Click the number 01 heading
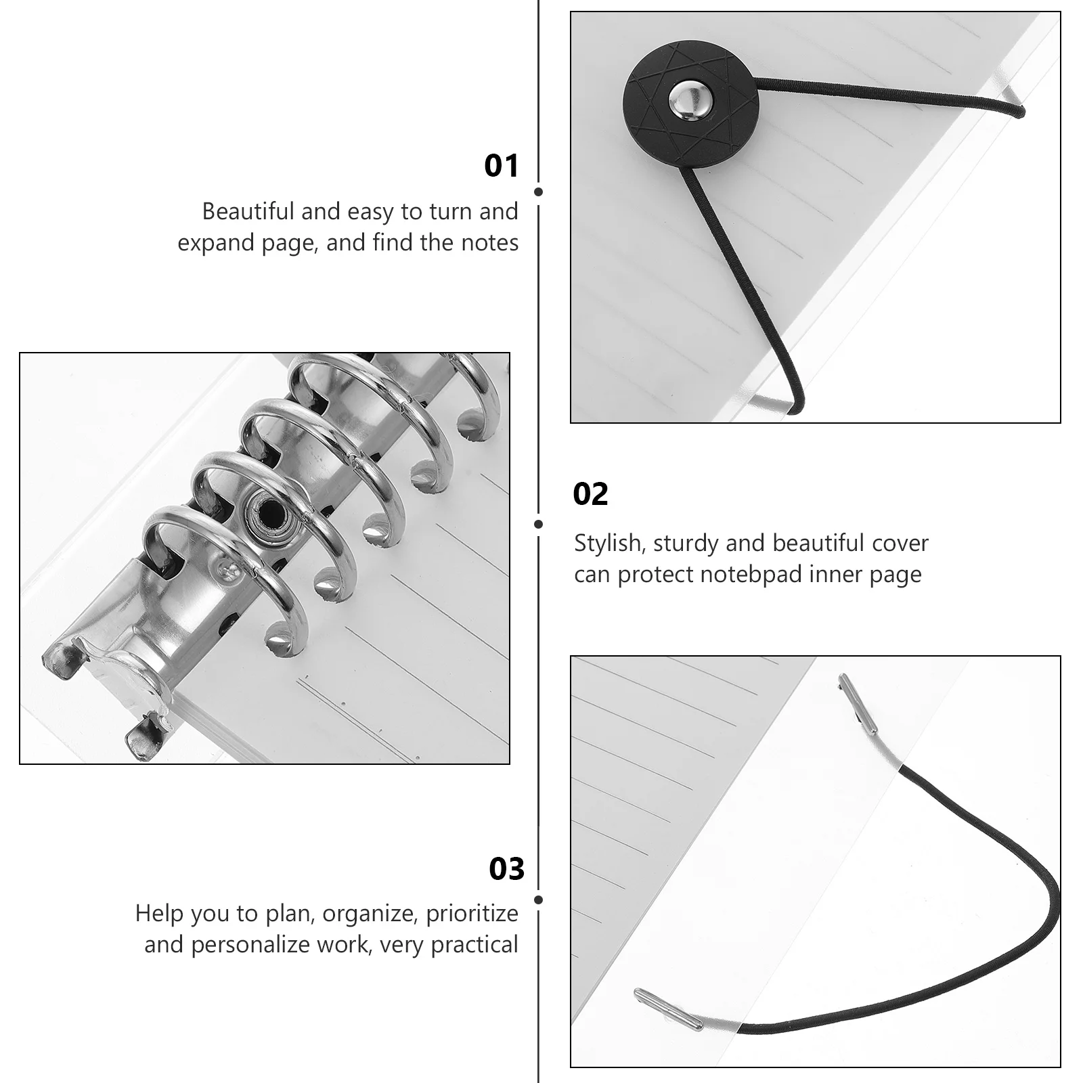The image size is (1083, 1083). pyautogui.click(x=501, y=166)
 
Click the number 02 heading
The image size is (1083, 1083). pyautogui.click(x=590, y=495)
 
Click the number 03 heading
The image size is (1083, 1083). pyautogui.click(x=506, y=869)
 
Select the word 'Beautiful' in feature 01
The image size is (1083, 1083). pyautogui.click(x=248, y=212)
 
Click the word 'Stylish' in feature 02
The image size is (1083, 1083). pyautogui.click(x=607, y=543)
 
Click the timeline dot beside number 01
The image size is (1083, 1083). pyautogui.click(x=538, y=192)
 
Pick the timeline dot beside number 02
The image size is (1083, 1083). pyautogui.click(x=538, y=524)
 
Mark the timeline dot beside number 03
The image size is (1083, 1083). pyautogui.click(x=538, y=900)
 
